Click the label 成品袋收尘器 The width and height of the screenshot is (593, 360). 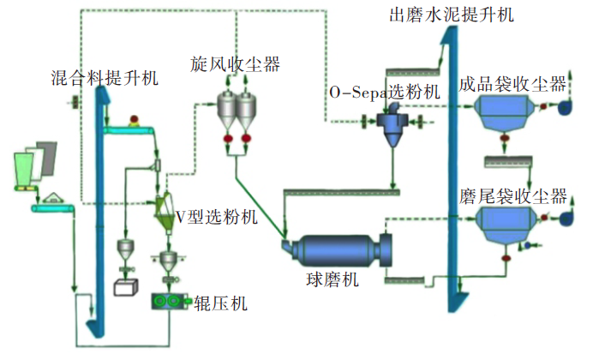click(512, 83)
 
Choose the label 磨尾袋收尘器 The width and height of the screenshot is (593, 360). click(512, 197)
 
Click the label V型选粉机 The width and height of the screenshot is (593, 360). click(216, 217)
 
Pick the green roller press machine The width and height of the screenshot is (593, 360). click(169, 301)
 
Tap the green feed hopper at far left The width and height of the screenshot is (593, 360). click(28, 166)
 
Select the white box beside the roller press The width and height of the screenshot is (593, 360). click(127, 288)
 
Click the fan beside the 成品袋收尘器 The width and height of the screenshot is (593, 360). click(564, 107)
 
